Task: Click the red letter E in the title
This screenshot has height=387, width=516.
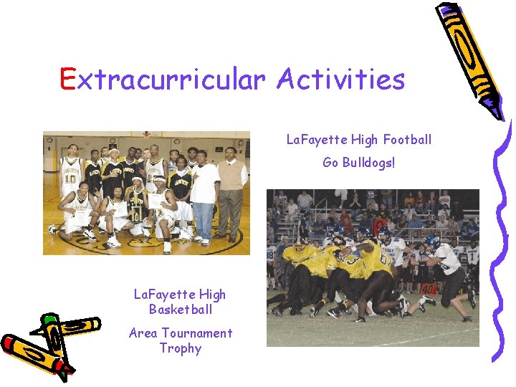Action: (x=68, y=79)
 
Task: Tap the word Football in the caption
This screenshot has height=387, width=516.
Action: (x=407, y=139)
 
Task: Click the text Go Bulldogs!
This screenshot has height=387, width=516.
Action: (x=358, y=162)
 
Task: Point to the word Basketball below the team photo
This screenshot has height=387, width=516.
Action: (x=180, y=310)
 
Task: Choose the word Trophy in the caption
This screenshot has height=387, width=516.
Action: (x=180, y=348)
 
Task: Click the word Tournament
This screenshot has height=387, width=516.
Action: (x=197, y=333)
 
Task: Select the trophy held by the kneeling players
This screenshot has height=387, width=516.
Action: (x=137, y=204)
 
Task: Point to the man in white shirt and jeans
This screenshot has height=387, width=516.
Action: (x=205, y=197)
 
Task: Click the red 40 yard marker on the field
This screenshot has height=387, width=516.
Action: (x=427, y=289)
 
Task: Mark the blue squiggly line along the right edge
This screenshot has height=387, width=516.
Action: (x=504, y=236)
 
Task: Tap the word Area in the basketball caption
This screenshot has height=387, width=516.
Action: (x=143, y=333)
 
